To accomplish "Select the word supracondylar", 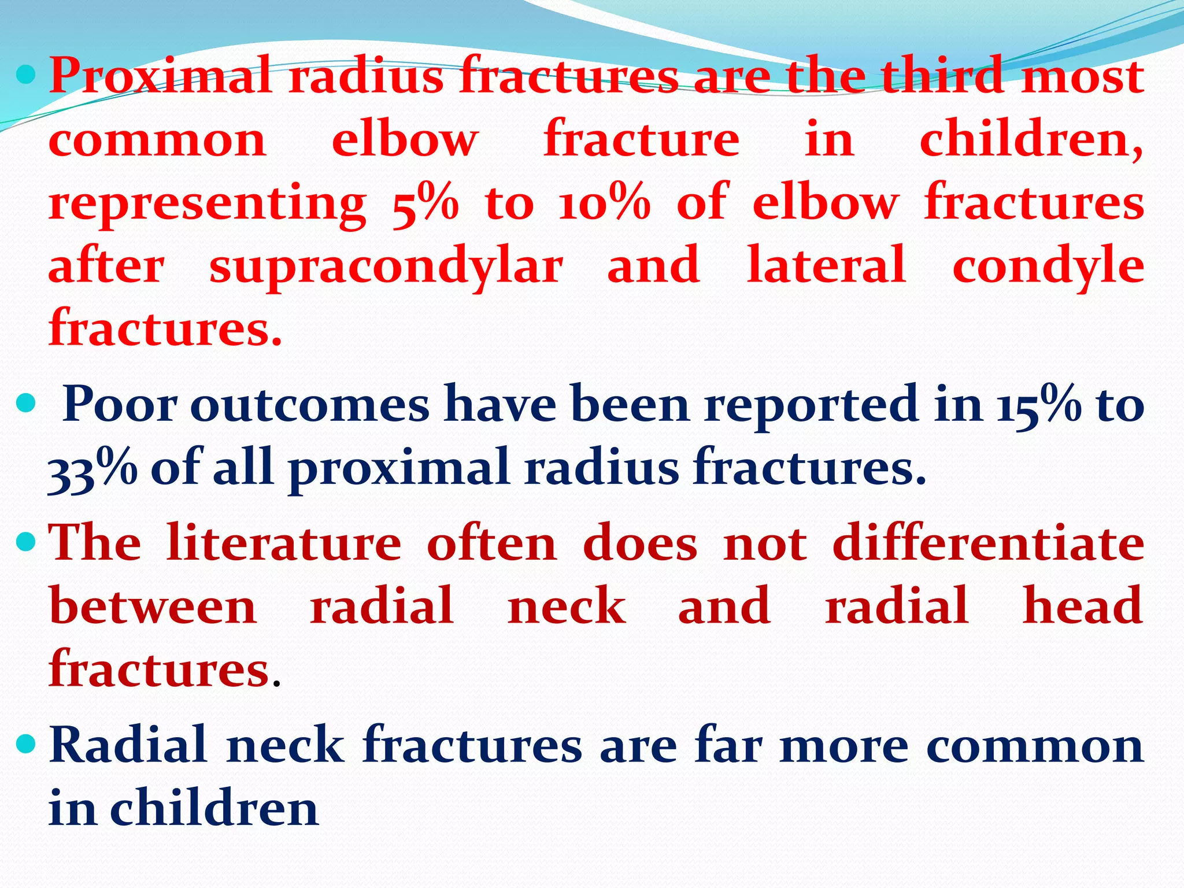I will pyautogui.click(x=386, y=267).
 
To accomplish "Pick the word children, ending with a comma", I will pyautogui.click(x=1031, y=140).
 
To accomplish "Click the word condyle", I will pyautogui.click(x=1048, y=267).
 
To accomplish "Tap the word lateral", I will pyautogui.click(x=826, y=265).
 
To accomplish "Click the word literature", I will pyautogui.click(x=283, y=543).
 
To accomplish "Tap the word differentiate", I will pyautogui.click(x=988, y=543).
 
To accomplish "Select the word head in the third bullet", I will pyautogui.click(x=1082, y=606).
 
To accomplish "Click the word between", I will pyautogui.click(x=153, y=606).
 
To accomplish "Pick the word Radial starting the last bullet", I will pyautogui.click(x=128, y=745).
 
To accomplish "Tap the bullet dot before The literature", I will pyautogui.click(x=25, y=542).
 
